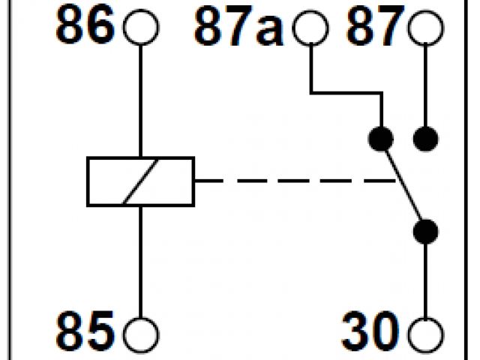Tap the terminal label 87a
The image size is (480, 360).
236,28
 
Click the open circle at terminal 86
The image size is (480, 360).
141,28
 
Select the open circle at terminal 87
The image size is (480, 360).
426,28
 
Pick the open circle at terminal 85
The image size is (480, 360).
141,331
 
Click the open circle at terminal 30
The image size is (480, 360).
426,331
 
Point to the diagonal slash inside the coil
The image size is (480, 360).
141,181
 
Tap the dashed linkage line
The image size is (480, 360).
292,181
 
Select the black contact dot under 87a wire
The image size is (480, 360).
381,138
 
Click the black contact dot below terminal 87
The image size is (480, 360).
426,138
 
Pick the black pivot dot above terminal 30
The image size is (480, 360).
426,230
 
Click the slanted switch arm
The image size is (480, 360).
403,184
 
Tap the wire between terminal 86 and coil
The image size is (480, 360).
141,97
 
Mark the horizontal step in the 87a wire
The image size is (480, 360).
345,93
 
